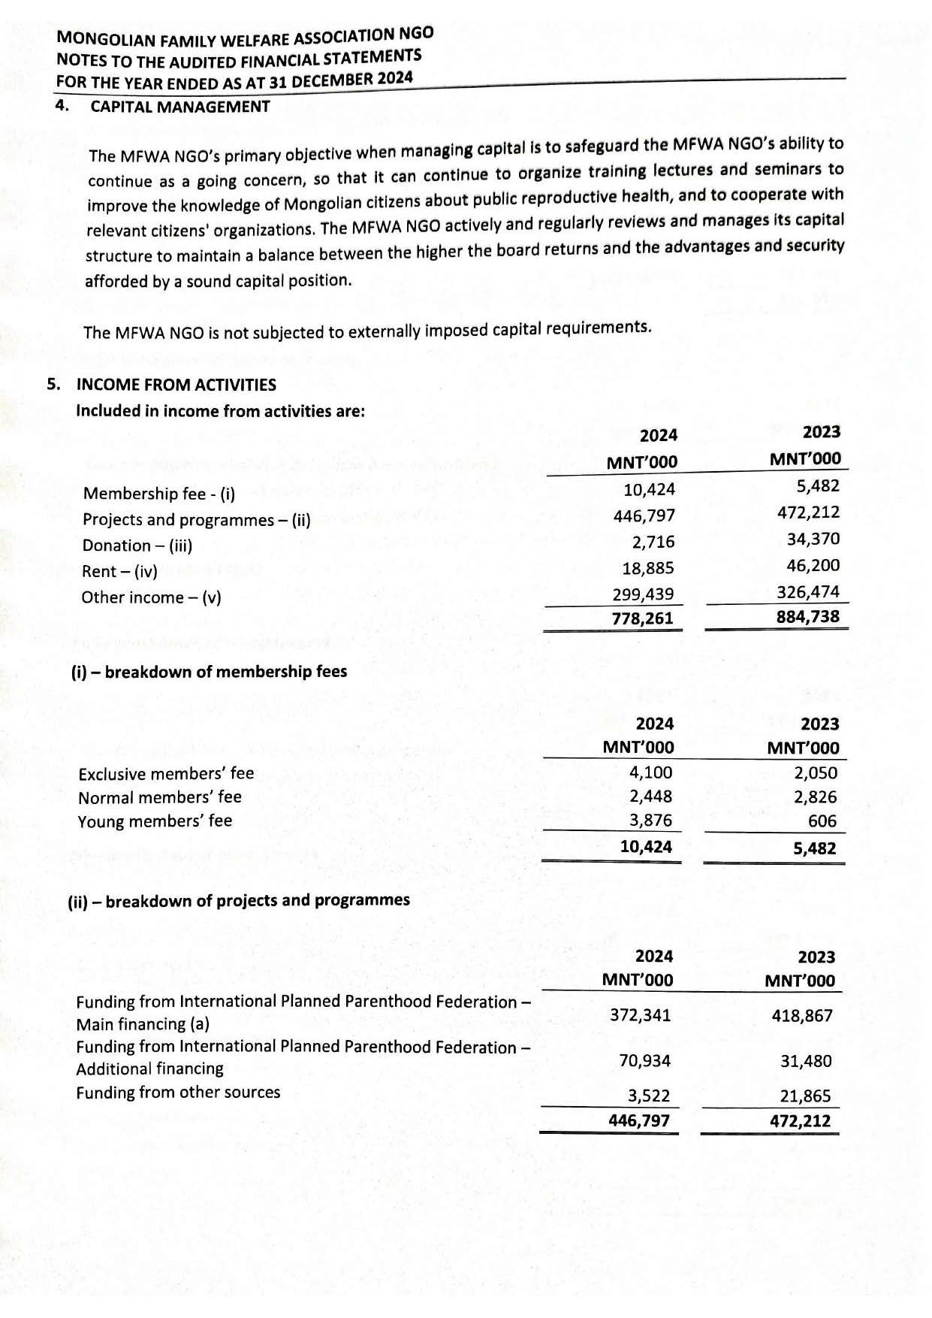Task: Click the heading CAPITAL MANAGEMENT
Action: pos(180,107)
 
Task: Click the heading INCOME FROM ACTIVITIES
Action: pos(176,385)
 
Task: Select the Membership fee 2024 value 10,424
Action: pos(650,490)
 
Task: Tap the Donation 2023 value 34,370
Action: pos(813,539)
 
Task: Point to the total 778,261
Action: pos(643,618)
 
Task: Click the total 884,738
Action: pos(808,617)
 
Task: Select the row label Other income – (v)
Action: pos(152,597)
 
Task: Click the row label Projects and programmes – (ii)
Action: pos(197,520)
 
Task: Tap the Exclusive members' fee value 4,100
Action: pos(651,772)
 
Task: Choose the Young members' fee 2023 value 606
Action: pos(822,821)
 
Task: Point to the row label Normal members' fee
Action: pos(160,797)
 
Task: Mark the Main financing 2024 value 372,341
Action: pos(641,1015)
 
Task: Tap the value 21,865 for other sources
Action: pos(806,1096)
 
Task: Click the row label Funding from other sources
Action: pos(178,1093)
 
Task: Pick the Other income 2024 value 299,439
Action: pos(644,594)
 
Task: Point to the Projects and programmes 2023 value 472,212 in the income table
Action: pos(809,512)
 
